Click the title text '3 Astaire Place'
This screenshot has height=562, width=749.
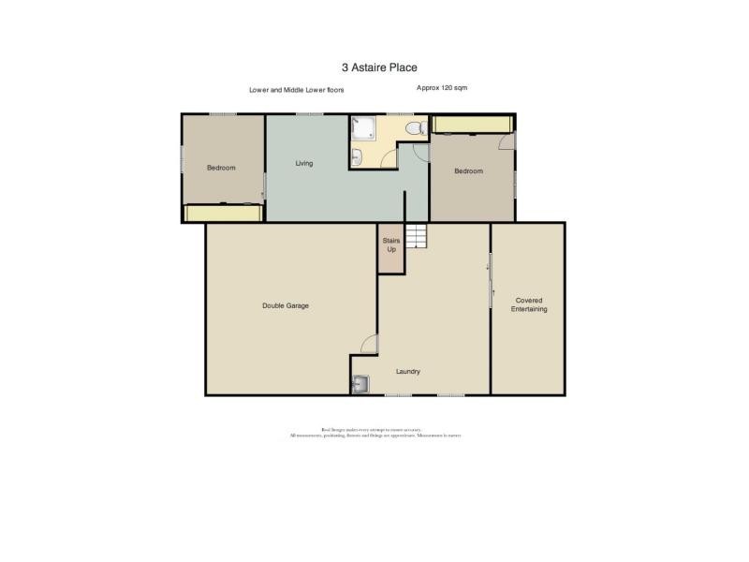pyautogui.click(x=379, y=67)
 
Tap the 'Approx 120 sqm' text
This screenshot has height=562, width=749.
pyautogui.click(x=442, y=87)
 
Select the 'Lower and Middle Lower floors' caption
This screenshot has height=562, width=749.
pyautogui.click(x=296, y=90)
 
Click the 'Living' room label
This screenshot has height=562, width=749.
pyautogui.click(x=304, y=164)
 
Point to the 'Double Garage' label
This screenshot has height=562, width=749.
pyautogui.click(x=286, y=306)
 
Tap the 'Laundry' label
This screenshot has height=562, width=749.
pyautogui.click(x=407, y=372)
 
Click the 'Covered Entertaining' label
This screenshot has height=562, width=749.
pyautogui.click(x=529, y=304)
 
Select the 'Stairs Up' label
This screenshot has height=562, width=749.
pyautogui.click(x=390, y=245)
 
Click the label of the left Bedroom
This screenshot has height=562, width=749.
pyautogui.click(x=221, y=168)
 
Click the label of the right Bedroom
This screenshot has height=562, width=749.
pyautogui.click(x=468, y=171)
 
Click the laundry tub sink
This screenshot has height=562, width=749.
pyautogui.click(x=360, y=382)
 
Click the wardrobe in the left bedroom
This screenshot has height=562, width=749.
pyautogui.click(x=223, y=214)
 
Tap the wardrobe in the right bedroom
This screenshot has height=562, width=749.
pyautogui.click(x=471, y=125)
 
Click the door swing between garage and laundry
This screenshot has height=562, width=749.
pyautogui.click(x=370, y=345)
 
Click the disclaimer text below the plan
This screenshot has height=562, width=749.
pyautogui.click(x=374, y=434)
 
